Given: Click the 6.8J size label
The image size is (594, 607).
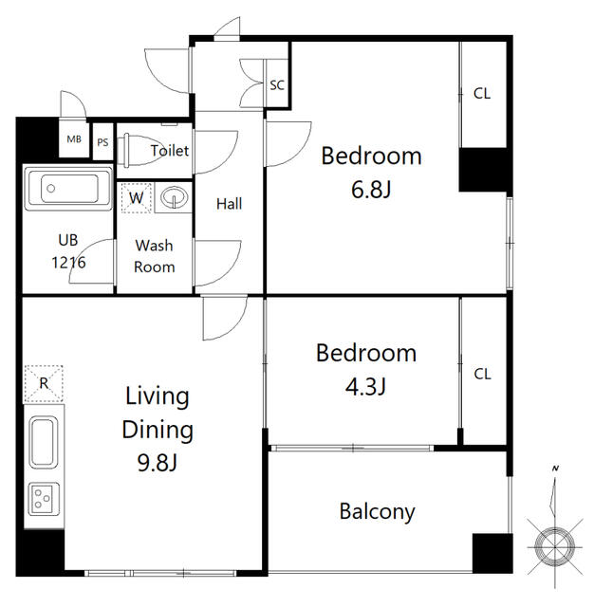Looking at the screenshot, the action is pyautogui.click(x=371, y=190).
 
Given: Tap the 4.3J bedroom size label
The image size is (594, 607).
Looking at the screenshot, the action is pyautogui.click(x=365, y=386).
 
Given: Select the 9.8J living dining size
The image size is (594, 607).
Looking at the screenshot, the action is pyautogui.click(x=158, y=462).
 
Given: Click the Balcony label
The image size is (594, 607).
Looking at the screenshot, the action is pyautogui.click(x=377, y=512).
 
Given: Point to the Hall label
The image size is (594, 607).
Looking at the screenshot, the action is pyautogui.click(x=230, y=204).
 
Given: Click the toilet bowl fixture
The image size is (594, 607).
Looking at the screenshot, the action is pyautogui.click(x=140, y=150).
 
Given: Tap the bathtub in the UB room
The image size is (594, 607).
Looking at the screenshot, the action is pyautogui.click(x=68, y=188).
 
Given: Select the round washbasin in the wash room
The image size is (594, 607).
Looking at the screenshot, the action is pyautogui.click(x=174, y=197).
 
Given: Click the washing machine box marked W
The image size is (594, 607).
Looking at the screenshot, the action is pyautogui.click(x=136, y=198).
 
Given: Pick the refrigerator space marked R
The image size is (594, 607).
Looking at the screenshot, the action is pyautogui.click(x=44, y=383).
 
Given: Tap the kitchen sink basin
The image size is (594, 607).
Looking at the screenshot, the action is pyautogui.click(x=44, y=442).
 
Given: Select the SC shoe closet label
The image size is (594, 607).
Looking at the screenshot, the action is pyautogui.click(x=277, y=85).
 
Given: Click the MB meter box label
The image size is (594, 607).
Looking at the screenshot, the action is pyautogui.click(x=74, y=139).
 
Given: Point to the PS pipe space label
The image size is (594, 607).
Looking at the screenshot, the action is pyautogui.click(x=102, y=142).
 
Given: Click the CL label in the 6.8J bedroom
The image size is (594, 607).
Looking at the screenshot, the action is pyautogui.click(x=482, y=93).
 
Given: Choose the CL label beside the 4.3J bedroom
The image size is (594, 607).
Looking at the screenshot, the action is pyautogui.click(x=482, y=374).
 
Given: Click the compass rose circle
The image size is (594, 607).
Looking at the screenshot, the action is pyautogui.click(x=555, y=546).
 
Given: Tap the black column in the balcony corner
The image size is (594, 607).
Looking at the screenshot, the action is pyautogui.click(x=492, y=553).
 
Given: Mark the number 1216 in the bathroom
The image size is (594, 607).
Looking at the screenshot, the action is pyautogui.click(x=68, y=263).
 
